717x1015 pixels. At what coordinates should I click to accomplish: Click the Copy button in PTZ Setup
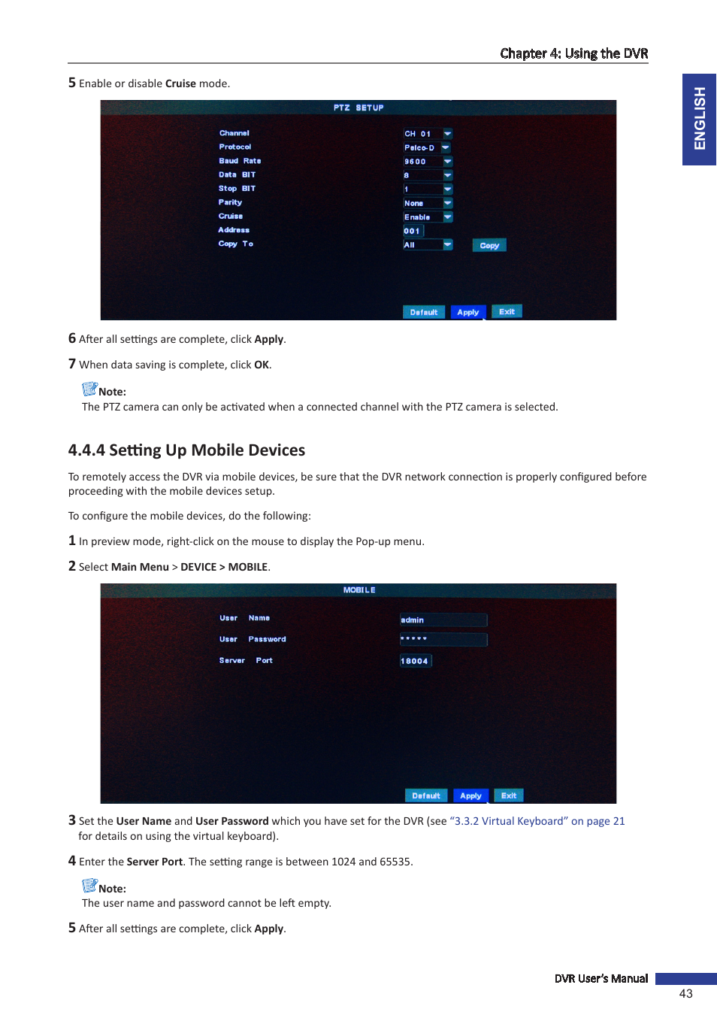coord(489,245)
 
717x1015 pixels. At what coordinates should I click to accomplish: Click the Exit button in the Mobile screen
coord(509,795)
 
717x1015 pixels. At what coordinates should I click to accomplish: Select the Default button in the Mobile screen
coord(426,795)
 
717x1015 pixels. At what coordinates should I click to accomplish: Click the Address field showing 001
coord(413,231)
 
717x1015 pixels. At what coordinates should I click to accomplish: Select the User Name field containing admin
coord(443,620)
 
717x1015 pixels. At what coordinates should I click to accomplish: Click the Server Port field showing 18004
coord(415,661)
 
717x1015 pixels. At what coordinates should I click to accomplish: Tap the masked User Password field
coord(443,639)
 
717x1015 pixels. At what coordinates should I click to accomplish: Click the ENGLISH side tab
coord(699,119)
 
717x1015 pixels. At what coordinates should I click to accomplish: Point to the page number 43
coord(685,993)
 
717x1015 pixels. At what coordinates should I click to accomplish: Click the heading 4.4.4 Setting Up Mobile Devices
coord(186,450)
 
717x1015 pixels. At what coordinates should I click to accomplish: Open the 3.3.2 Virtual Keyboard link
coord(537,821)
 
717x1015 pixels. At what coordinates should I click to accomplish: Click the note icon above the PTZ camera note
coord(89,389)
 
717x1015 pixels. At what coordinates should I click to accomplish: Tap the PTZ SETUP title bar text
coord(358,108)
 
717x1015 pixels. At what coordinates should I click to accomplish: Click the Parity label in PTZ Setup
coord(230,202)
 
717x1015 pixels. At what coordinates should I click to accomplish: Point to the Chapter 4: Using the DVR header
coord(573,53)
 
